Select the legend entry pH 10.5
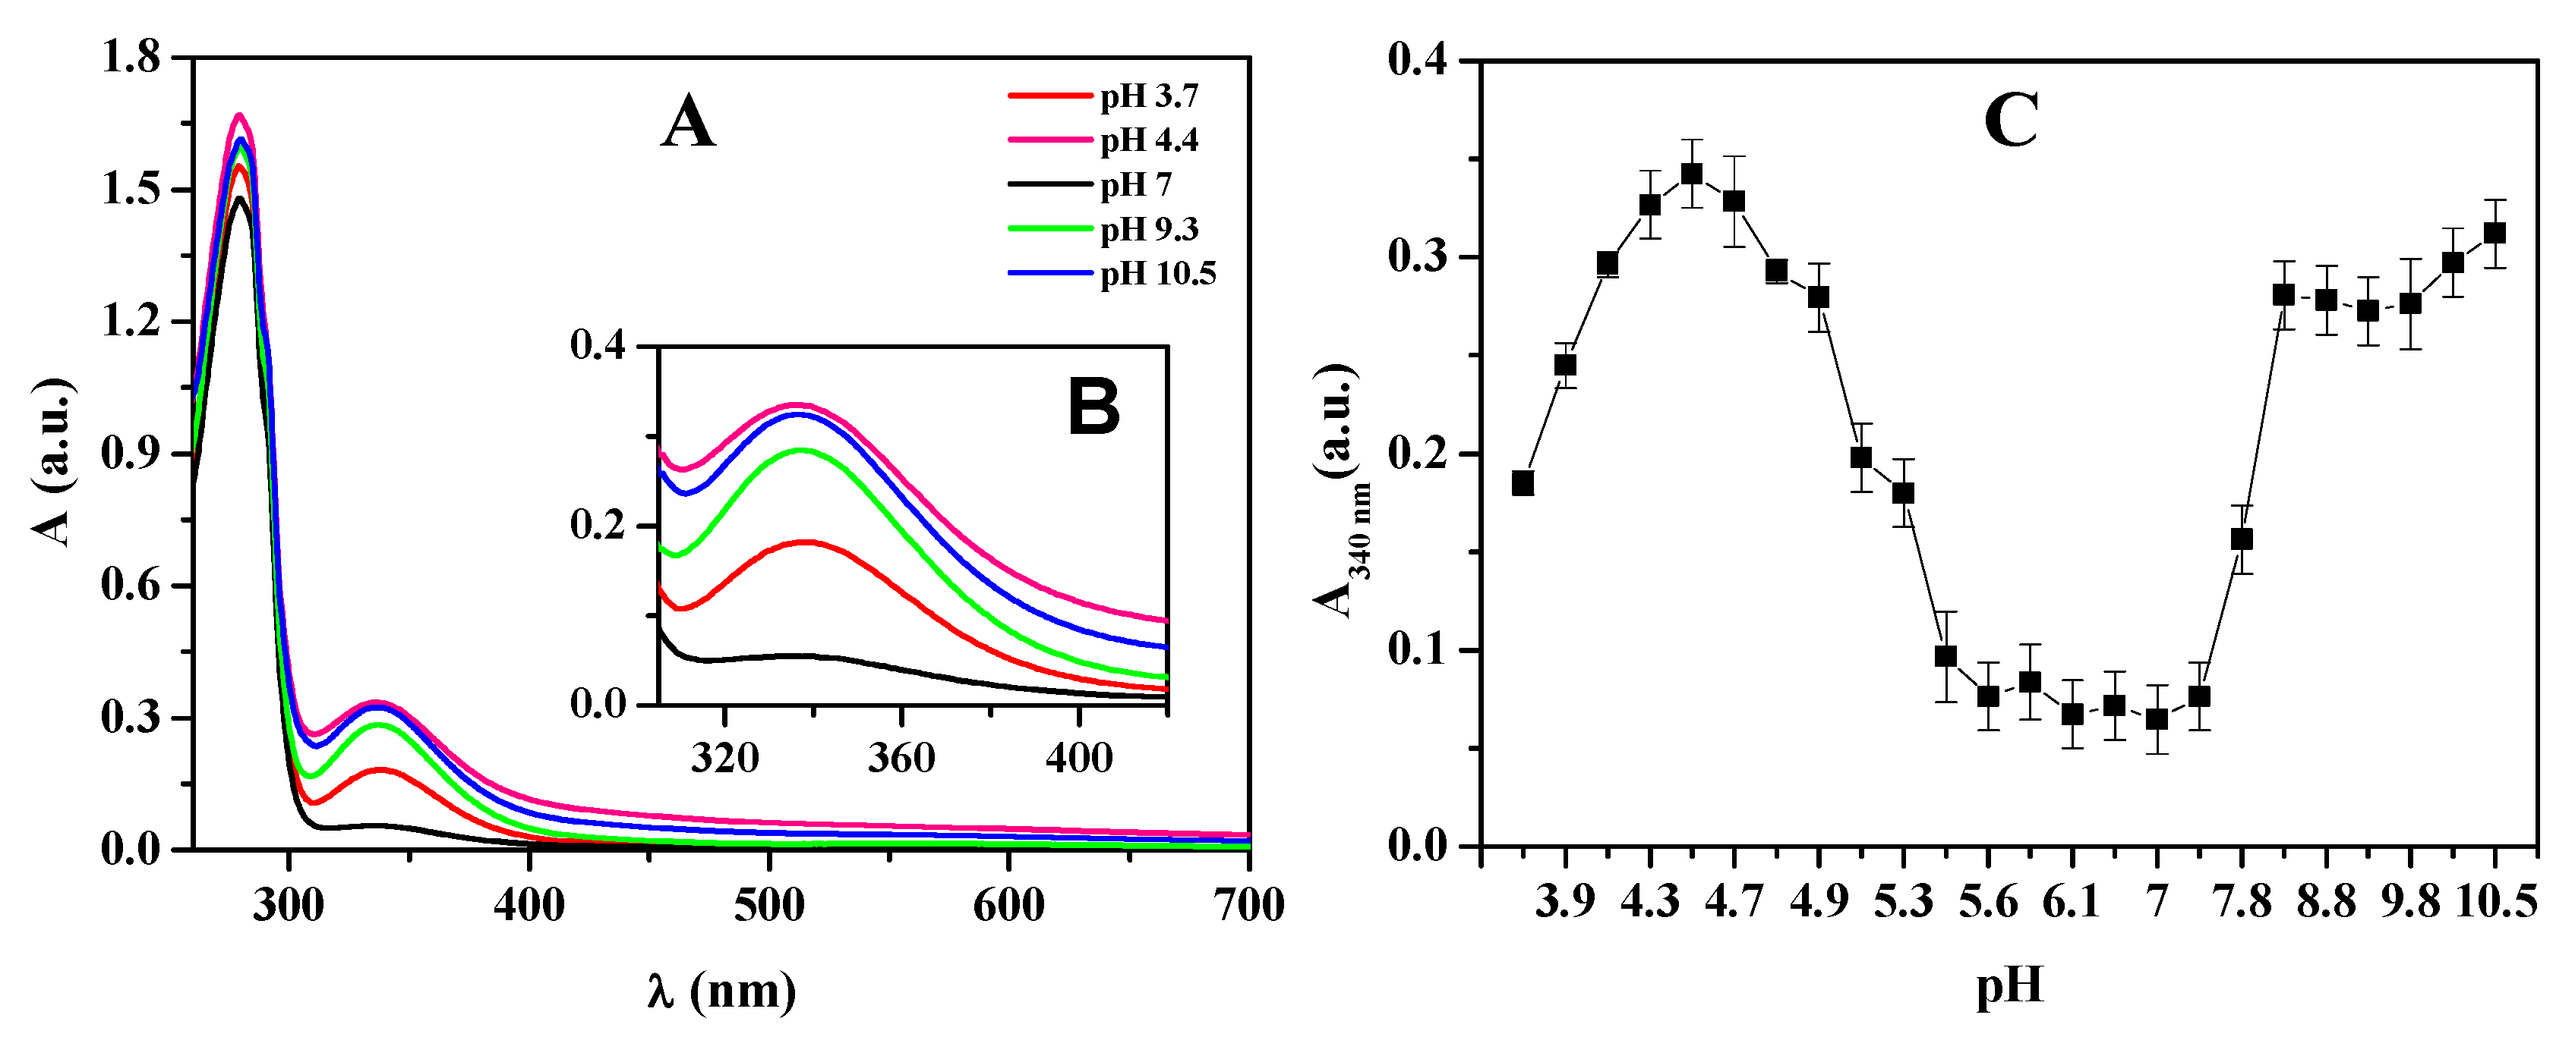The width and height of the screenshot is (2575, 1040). [x=1157, y=273]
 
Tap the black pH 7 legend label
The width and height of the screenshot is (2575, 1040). [x=1134, y=185]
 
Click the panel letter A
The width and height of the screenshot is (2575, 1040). [x=688, y=124]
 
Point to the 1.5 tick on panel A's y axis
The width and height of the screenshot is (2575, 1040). [x=131, y=189]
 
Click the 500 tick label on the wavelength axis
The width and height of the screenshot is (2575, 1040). [x=768, y=905]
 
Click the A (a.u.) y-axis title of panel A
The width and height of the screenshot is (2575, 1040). [x=55, y=461]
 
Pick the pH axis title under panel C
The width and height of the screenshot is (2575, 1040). [x=2009, y=986]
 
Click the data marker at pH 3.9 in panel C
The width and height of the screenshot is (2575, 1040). [x=1565, y=365]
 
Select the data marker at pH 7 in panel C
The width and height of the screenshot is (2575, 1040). [x=2157, y=718]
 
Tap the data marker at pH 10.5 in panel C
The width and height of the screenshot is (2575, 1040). [x=2495, y=233]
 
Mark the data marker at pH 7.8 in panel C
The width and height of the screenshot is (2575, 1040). [x=2242, y=539]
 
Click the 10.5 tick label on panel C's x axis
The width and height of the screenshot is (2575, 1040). [x=2496, y=902]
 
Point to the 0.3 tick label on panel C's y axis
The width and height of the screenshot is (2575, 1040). [x=1418, y=256]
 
